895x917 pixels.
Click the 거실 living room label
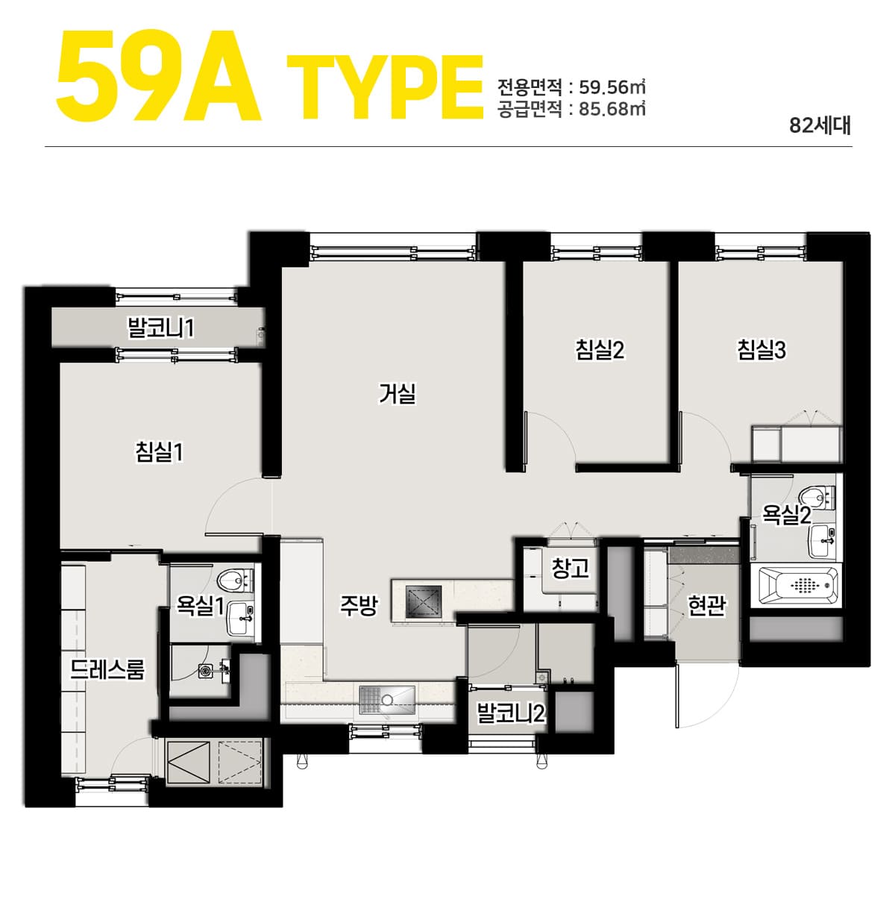[x=397, y=393]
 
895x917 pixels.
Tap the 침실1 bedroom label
[x=159, y=451]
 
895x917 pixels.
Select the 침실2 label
[x=600, y=350]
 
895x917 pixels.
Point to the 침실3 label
[x=761, y=350]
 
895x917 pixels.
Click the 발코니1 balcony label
[x=161, y=328]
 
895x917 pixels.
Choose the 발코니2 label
[x=511, y=713]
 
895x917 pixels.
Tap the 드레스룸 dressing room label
[x=107, y=669]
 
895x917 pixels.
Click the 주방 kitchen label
[x=359, y=605]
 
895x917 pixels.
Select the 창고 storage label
[x=570, y=568]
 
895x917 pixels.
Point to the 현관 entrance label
[x=706, y=605]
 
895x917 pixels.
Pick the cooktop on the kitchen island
[x=424, y=601]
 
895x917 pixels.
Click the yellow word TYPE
[x=386, y=87]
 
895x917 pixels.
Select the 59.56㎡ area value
[x=612, y=87]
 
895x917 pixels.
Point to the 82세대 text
[x=820, y=125]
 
